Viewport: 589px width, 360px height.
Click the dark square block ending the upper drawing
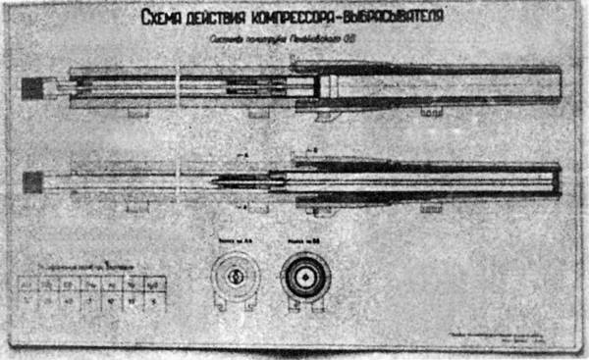(33, 88)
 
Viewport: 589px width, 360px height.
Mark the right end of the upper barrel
(563, 86)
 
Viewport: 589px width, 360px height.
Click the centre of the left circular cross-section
(235, 278)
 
